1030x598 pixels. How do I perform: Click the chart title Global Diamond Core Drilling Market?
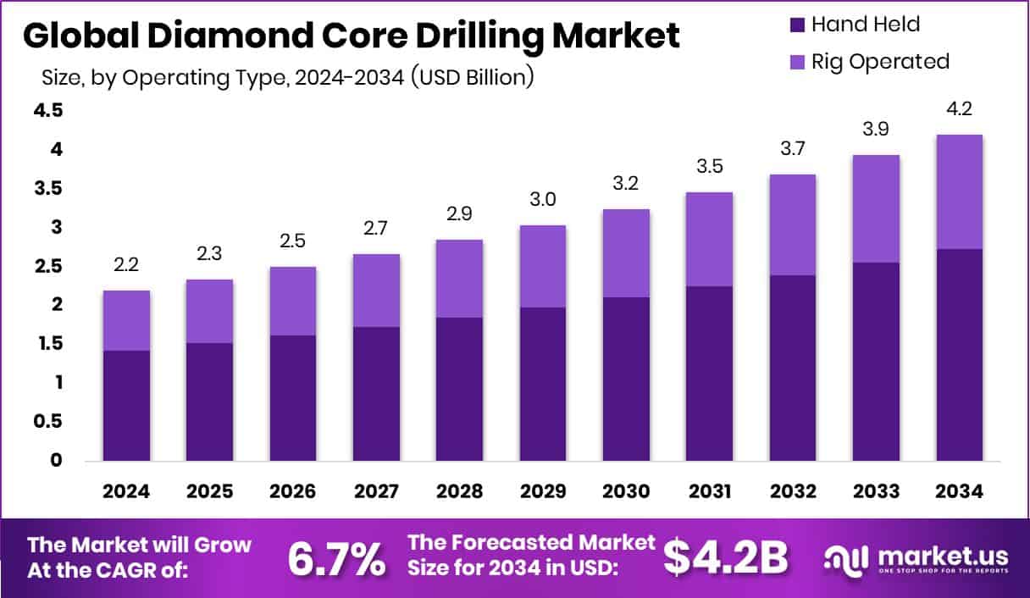tap(351, 36)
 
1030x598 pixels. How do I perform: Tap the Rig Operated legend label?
tap(880, 61)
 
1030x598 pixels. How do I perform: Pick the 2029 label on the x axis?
tap(543, 492)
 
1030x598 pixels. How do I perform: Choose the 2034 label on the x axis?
tap(960, 492)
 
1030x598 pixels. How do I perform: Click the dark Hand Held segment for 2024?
tap(126, 405)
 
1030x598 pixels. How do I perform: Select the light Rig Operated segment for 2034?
tap(960, 191)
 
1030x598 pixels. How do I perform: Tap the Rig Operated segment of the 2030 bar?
tap(626, 252)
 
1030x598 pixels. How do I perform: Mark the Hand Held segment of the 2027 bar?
tap(376, 393)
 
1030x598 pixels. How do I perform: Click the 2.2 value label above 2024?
tap(126, 265)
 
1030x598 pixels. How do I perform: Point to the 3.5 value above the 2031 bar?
tap(709, 167)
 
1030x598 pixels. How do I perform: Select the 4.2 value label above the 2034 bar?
tap(960, 109)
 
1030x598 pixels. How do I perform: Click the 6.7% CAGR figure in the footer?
tap(337, 557)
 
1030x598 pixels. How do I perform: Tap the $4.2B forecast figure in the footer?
tap(725, 557)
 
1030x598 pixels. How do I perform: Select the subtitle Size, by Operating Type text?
tap(287, 77)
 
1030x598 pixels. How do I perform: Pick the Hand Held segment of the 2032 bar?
tap(793, 368)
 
